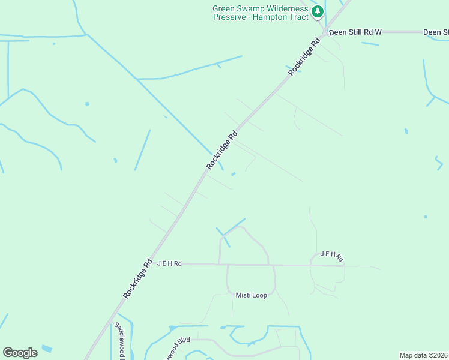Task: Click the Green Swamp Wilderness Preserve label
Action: coord(261,13)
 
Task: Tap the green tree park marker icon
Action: coord(318,11)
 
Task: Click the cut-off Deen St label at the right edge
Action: coord(436,32)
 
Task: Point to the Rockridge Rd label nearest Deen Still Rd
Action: coord(305,57)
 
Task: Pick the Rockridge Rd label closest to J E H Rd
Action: coord(138,278)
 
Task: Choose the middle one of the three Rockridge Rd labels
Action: coord(222,149)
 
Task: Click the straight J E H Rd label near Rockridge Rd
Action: coord(169,263)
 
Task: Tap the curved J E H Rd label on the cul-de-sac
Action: coord(331,256)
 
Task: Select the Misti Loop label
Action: coord(251,295)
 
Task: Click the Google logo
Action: coord(20,353)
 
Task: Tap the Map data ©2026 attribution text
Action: coord(424,355)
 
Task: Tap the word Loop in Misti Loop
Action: coord(260,295)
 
